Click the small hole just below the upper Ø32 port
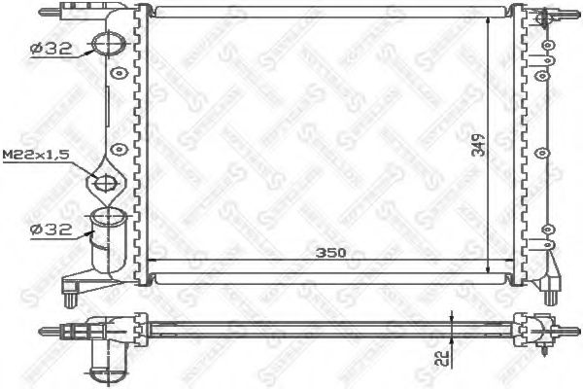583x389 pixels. [x=119, y=74]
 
